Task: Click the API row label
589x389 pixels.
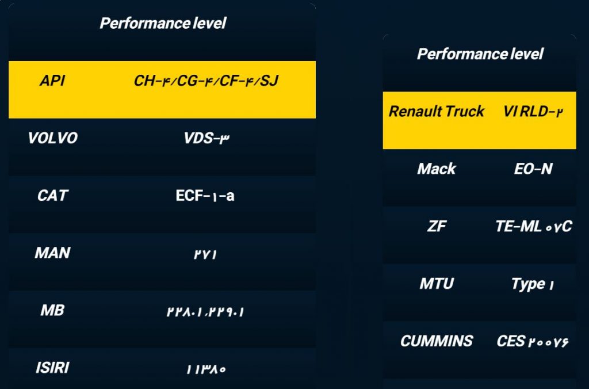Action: pyautogui.click(x=52, y=81)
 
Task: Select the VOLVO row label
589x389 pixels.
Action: pyautogui.click(x=52, y=138)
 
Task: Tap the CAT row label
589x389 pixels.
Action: pyautogui.click(x=52, y=196)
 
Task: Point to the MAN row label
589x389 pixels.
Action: pyautogui.click(x=52, y=253)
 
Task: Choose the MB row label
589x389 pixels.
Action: pyautogui.click(x=52, y=310)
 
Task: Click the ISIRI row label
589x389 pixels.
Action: pyautogui.click(x=52, y=368)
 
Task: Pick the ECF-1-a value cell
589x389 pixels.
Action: pyautogui.click(x=205, y=196)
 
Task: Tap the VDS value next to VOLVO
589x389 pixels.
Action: pyautogui.click(x=206, y=138)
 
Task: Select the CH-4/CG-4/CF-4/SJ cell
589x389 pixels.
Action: pyautogui.click(x=206, y=81)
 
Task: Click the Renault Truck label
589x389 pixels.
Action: pyautogui.click(x=437, y=111)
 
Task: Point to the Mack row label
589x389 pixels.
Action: pyautogui.click(x=437, y=169)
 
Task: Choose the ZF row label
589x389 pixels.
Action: pyautogui.click(x=437, y=226)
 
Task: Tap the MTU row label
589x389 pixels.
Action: pyautogui.click(x=437, y=284)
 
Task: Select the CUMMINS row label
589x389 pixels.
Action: pyautogui.click(x=437, y=341)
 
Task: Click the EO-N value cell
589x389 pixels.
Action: pyautogui.click(x=533, y=169)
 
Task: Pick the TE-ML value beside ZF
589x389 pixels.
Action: pyautogui.click(x=534, y=226)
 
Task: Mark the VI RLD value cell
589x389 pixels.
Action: pyautogui.click(x=533, y=112)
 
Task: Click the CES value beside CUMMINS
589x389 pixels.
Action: pyautogui.click(x=533, y=341)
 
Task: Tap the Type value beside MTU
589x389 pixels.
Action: pyautogui.click(x=533, y=284)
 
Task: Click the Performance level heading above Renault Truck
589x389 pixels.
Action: pyautogui.click(x=480, y=54)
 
